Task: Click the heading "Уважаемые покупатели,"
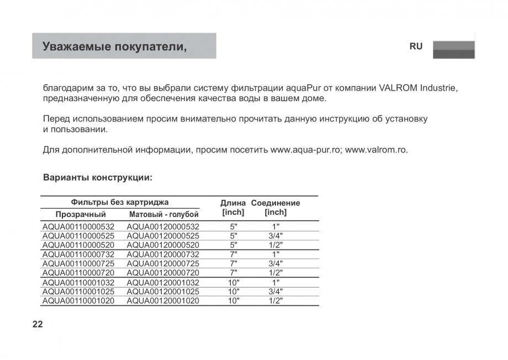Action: coord(115,46)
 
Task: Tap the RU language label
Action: coord(416,46)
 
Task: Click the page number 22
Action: coord(38,324)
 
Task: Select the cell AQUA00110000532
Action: coord(78,226)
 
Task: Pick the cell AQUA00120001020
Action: coord(163,301)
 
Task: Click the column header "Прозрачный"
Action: coord(81,214)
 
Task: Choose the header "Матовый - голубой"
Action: coord(163,214)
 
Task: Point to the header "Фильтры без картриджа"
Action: coord(120,202)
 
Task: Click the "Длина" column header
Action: coord(233,203)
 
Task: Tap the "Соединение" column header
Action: coord(276,203)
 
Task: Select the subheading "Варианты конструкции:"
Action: coord(97,178)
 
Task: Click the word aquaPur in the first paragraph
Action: coord(304,88)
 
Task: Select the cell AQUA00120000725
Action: coord(163,263)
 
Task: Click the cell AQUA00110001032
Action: coord(78,282)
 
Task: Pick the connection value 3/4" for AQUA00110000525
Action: coord(276,236)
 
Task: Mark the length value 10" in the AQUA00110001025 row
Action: coord(234,292)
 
